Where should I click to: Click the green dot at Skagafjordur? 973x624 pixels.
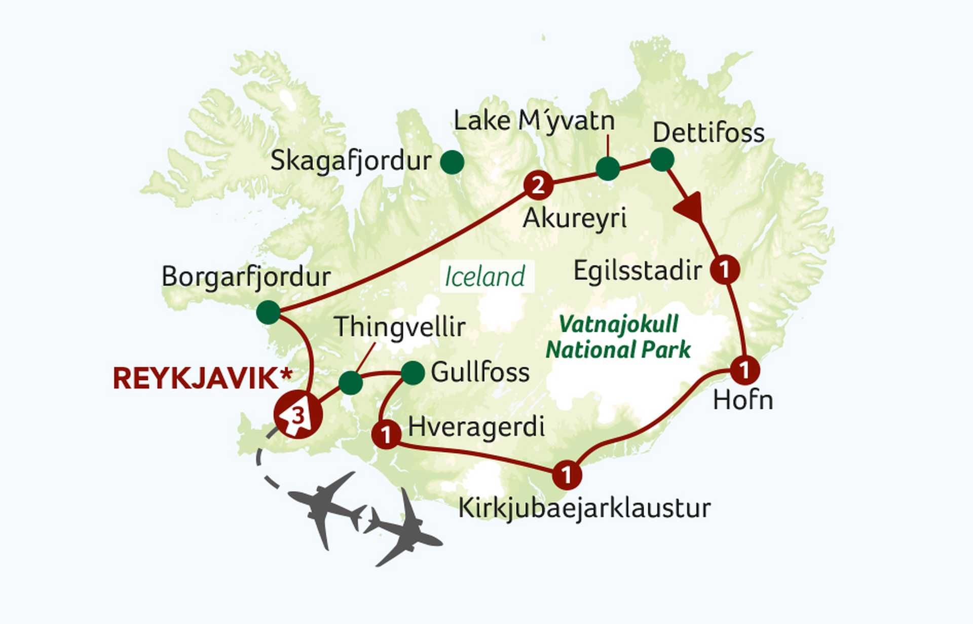[x=452, y=163]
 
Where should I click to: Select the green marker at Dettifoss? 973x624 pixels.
[x=662, y=160]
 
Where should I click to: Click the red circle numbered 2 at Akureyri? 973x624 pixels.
[x=538, y=185]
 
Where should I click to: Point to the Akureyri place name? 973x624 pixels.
[x=575, y=219]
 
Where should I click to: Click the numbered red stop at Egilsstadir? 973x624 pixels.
[x=725, y=269]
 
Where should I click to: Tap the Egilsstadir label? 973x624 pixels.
[x=638, y=271]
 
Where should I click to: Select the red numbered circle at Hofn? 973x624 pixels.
[x=744, y=370]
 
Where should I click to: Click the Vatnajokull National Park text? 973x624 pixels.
[x=618, y=337]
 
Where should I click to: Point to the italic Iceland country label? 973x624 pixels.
[x=485, y=277]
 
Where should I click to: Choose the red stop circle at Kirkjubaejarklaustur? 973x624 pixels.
[x=567, y=475]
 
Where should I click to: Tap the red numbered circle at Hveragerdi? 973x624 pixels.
[x=386, y=435]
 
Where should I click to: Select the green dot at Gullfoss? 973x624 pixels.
[x=413, y=373]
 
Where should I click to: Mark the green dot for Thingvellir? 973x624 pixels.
[x=351, y=383]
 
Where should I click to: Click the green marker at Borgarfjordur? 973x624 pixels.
[x=268, y=312]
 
